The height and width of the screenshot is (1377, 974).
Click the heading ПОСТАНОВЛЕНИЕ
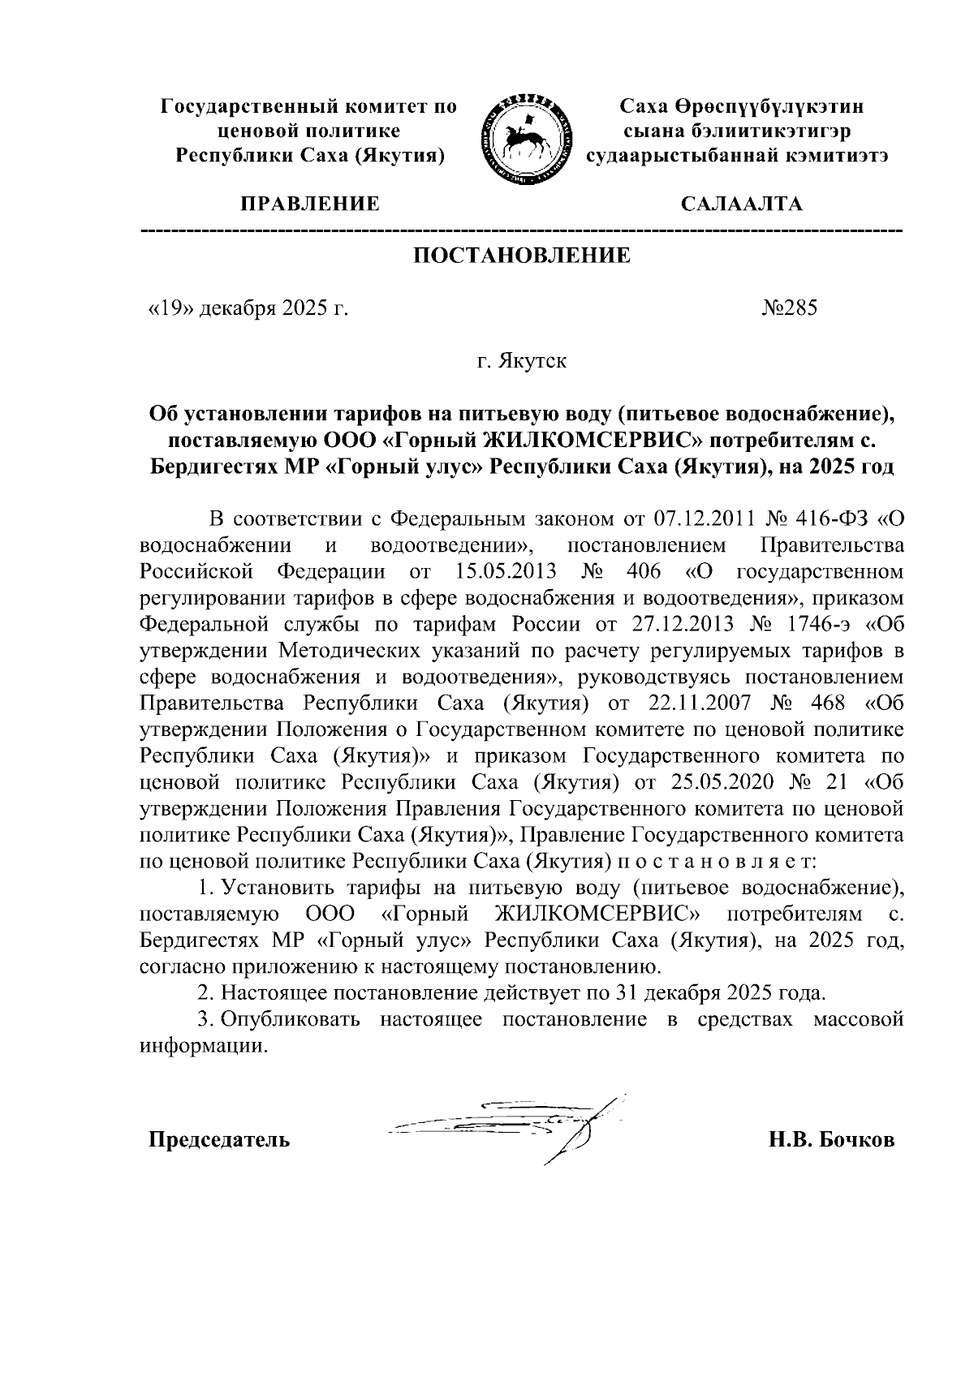coord(522,256)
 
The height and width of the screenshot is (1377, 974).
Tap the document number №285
coord(789,308)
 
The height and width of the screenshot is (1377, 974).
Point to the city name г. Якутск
coord(521,361)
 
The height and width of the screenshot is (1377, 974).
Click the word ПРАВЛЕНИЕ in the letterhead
coord(308,204)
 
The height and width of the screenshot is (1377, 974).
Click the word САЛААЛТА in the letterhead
coord(741,204)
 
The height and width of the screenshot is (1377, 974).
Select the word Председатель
coord(218,1140)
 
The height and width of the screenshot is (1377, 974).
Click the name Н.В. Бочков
coord(832,1140)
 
